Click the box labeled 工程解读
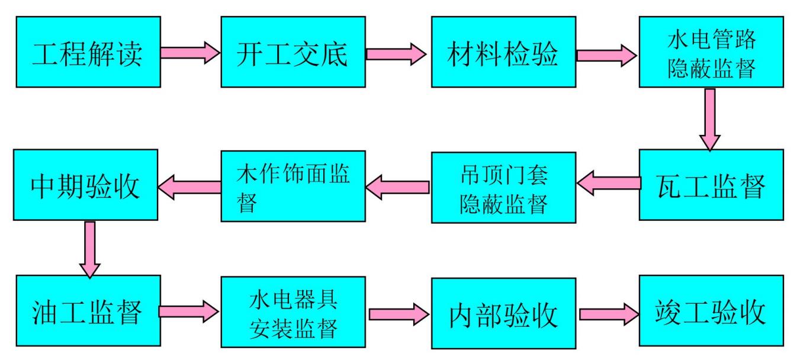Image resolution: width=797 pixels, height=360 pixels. (x=88, y=52)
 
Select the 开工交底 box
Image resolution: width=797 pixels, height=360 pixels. (x=293, y=52)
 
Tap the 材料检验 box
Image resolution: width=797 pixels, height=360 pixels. (x=503, y=52)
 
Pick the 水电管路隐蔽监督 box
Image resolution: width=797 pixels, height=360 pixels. (x=711, y=52)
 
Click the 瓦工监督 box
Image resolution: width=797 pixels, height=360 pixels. (x=711, y=185)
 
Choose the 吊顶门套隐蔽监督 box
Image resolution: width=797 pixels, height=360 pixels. (x=503, y=187)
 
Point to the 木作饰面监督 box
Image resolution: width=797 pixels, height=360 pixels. (x=293, y=185)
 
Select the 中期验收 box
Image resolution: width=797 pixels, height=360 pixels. (x=86, y=185)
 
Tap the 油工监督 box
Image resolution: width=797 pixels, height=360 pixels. (x=88, y=311)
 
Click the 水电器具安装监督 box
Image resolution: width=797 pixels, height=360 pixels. (x=293, y=311)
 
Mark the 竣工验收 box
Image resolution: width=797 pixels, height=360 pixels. (x=711, y=311)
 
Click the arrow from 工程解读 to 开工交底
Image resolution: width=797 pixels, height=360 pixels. (x=190, y=52)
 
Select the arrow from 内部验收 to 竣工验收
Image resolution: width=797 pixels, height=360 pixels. (x=608, y=313)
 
